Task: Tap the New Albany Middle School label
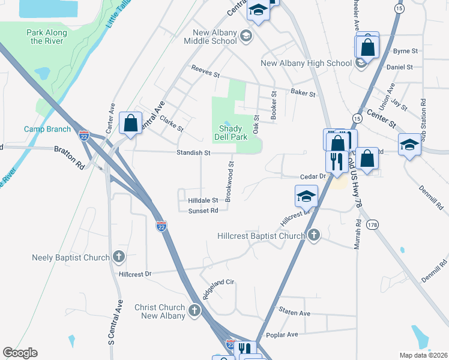coord(214,37)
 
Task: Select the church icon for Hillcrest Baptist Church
coord(313,235)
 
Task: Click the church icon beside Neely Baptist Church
coord(119,257)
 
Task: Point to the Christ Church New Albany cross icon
coord(194,310)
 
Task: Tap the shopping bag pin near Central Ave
coord(130,124)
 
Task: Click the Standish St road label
coord(193,153)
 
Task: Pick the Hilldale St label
coord(203,200)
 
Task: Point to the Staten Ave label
coord(294,313)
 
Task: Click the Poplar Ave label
coord(284,334)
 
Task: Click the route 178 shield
coord(372,224)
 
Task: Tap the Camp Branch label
coord(47,129)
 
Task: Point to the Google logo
coord(20,353)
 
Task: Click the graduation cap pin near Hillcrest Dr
coord(306,196)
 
